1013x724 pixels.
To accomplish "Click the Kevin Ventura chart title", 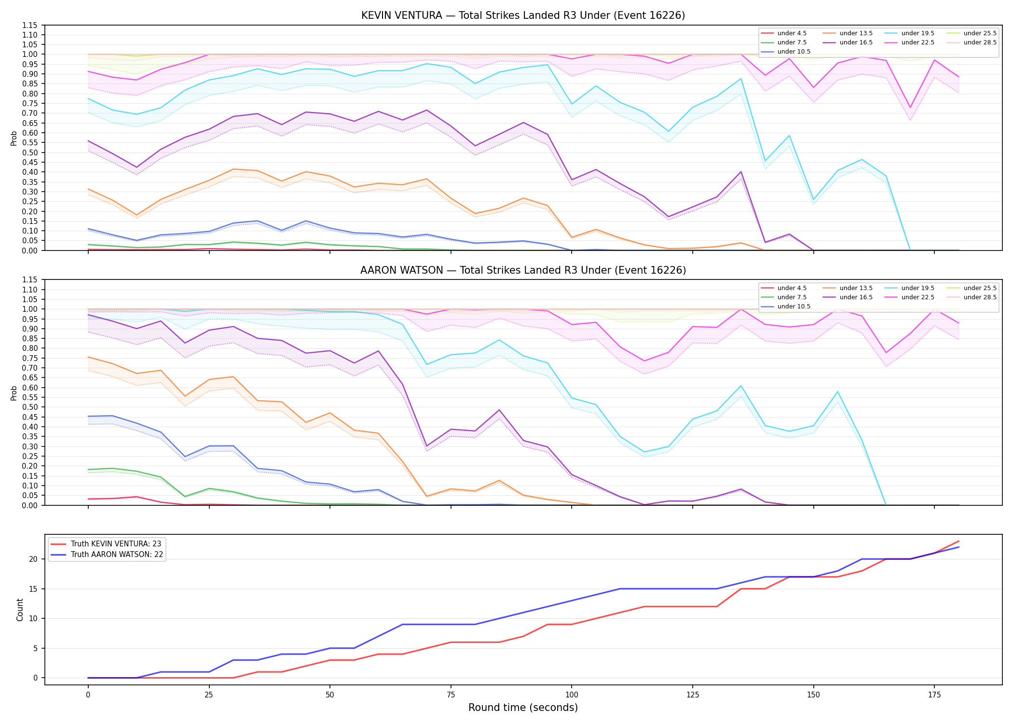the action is point(523,15).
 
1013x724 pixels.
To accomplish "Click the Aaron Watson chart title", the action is point(523,270).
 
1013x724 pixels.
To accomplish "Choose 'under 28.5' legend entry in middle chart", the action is point(972,297).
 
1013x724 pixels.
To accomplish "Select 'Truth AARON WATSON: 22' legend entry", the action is point(107,555).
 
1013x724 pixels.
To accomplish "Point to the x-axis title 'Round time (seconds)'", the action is point(523,708).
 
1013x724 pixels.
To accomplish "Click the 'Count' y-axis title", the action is point(20,610).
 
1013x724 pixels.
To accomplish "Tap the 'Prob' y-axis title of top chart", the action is point(14,138).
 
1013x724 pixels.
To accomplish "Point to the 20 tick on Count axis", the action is point(34,559).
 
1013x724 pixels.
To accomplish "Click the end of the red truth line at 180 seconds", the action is point(958,541).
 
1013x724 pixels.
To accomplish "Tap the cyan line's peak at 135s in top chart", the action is point(740,79).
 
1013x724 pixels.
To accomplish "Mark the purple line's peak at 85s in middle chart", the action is point(499,410).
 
